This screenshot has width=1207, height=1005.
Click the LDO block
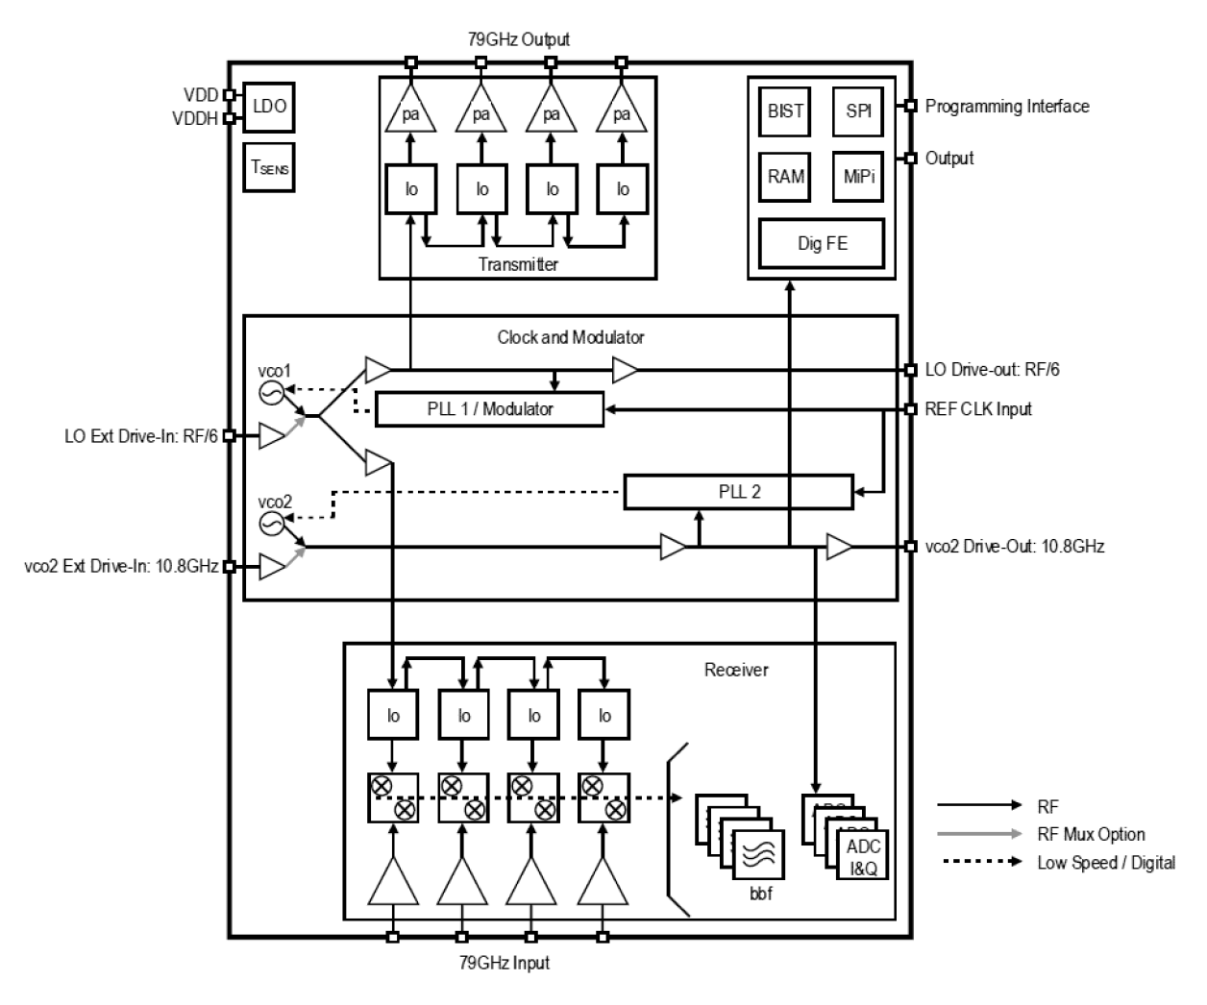(x=269, y=107)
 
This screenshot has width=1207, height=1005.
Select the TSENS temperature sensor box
(x=269, y=167)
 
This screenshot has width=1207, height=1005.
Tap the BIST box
(x=785, y=111)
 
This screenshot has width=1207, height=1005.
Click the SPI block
(x=858, y=111)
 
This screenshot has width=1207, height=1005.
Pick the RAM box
(x=785, y=177)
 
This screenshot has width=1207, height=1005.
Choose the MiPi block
(x=858, y=177)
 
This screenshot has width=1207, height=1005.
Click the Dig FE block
(x=822, y=243)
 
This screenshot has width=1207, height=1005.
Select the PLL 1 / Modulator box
(x=490, y=409)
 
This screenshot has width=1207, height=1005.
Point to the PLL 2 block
(x=738, y=492)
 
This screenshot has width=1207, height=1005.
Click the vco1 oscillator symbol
(x=272, y=392)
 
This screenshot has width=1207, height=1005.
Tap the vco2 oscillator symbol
(x=272, y=523)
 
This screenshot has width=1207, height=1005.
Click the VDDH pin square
(x=230, y=119)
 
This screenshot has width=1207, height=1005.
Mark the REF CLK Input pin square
(x=910, y=409)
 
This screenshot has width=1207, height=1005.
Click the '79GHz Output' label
(x=517, y=39)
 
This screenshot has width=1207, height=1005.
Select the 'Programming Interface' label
(x=1006, y=107)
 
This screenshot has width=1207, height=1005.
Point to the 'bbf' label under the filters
(x=760, y=895)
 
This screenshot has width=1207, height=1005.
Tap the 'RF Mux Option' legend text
(x=1091, y=835)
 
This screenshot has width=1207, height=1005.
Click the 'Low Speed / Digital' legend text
(x=1105, y=863)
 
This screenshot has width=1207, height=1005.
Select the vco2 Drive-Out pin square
(x=910, y=547)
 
